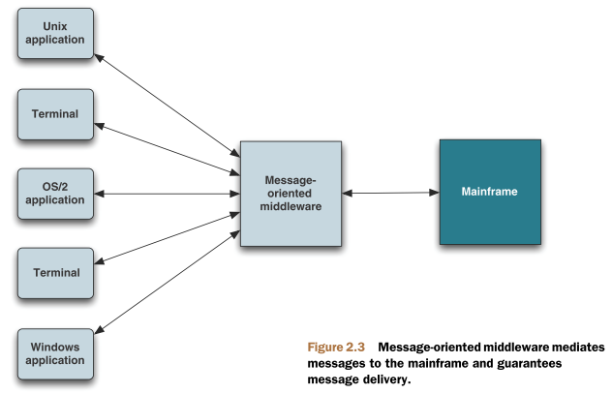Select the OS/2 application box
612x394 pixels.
[x=56, y=192]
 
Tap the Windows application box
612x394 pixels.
[x=56, y=352]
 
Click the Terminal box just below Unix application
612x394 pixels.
[x=56, y=113]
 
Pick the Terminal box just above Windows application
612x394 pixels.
[x=56, y=272]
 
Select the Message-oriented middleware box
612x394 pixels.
[x=291, y=193]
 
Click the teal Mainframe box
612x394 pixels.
[x=489, y=192]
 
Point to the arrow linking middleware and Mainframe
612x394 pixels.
[x=390, y=193]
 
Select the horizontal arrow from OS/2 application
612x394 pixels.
[x=165, y=194]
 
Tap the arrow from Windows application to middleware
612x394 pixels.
[x=169, y=282]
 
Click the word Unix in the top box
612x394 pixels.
[x=56, y=26]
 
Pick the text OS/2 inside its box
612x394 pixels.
[x=56, y=184]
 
